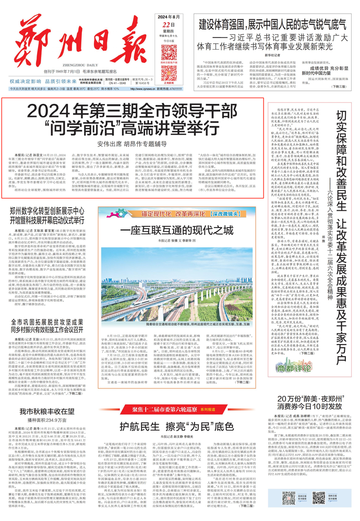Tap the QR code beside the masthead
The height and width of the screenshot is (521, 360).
click(x=169, y=53)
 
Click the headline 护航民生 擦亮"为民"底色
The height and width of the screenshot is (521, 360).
click(x=180, y=425)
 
